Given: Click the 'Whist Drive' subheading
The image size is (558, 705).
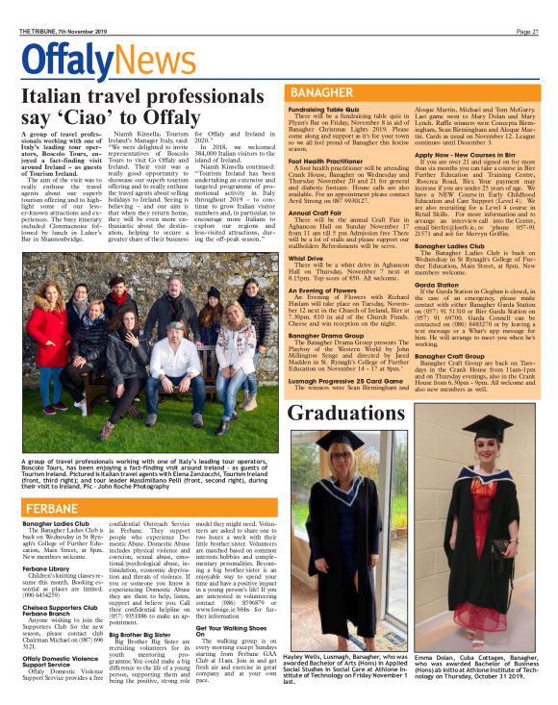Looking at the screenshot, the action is tap(305, 258).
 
